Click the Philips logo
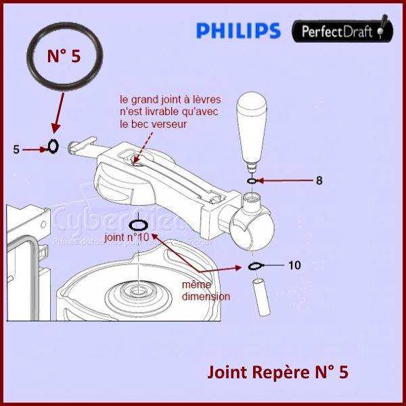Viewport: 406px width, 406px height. click(238, 30)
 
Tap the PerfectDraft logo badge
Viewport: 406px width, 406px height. click(342, 30)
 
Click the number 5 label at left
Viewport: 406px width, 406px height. click(16, 150)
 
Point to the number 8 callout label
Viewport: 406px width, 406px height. click(319, 181)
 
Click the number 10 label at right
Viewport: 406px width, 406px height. click(294, 265)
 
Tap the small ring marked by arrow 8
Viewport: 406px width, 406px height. click(252, 181)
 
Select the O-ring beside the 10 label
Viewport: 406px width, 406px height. click(254, 265)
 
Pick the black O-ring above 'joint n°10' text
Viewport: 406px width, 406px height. click(138, 225)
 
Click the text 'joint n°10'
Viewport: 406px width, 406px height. click(127, 237)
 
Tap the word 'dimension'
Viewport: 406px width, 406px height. click(206, 296)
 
